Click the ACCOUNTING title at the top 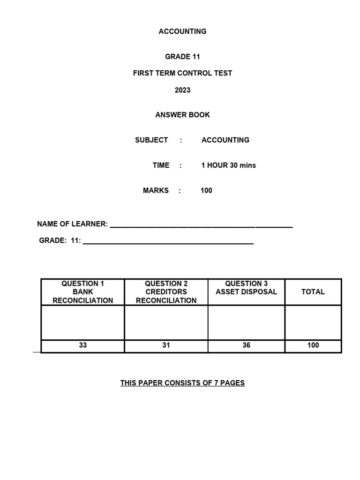(182, 31)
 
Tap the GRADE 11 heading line (182, 57)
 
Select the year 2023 (182, 90)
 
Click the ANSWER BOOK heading (182, 115)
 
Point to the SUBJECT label (151, 140)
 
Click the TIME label (161, 165)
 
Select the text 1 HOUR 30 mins (228, 165)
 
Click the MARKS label (156, 191)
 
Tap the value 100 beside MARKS (206, 191)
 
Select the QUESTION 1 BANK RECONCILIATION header (83, 292)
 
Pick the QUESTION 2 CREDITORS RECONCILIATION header (166, 292)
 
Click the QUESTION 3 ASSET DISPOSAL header (246, 288)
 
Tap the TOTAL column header (313, 292)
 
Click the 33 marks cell (83, 345)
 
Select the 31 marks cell (166, 345)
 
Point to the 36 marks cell (246, 345)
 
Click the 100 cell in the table (313, 345)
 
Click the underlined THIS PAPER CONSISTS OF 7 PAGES (182, 383)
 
